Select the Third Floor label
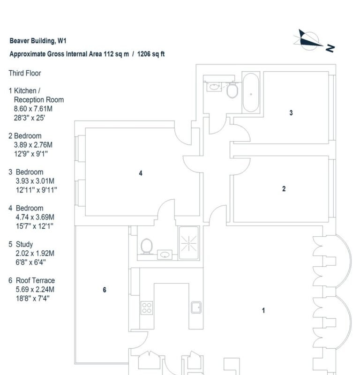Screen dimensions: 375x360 25,73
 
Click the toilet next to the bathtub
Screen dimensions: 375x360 232,90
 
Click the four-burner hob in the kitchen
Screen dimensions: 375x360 147,307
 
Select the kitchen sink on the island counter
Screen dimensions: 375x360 195,307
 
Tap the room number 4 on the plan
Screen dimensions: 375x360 141,173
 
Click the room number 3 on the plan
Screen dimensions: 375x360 291,113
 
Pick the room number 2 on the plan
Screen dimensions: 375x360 284,189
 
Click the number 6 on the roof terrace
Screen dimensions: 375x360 105,290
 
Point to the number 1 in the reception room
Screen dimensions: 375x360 263,310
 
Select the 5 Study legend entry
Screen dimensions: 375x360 22,244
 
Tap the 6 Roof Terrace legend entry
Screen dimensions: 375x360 32,280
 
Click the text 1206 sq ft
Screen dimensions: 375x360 151,54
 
